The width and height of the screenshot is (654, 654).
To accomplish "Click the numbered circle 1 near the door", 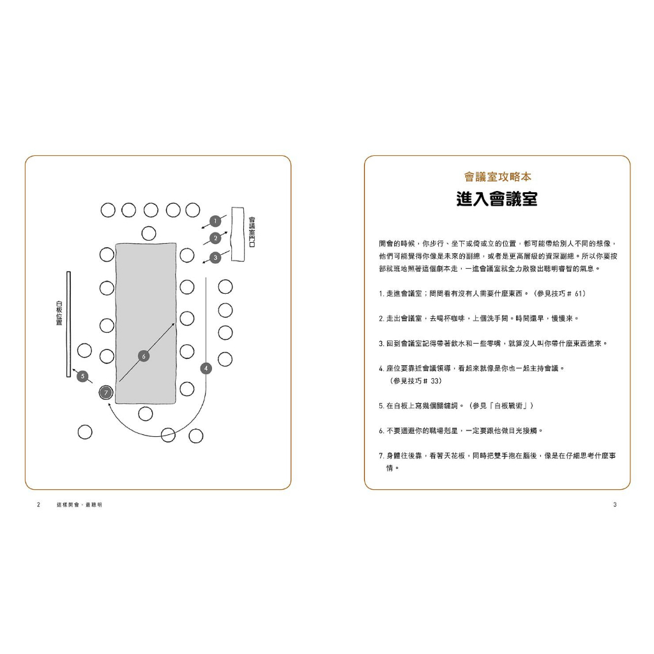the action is click(x=215, y=221).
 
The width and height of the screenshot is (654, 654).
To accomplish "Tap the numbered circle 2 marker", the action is click(x=215, y=238).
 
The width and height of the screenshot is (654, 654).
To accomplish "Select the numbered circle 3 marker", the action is click(x=215, y=258).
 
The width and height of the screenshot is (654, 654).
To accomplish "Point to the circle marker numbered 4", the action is click(x=206, y=369).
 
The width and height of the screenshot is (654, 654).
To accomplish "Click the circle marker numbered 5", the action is click(x=82, y=376).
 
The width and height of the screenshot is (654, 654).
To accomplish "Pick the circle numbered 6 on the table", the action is click(x=144, y=356).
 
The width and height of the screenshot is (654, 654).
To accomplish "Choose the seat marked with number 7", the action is click(x=106, y=393).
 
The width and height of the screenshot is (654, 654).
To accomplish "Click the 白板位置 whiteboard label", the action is click(x=59, y=313).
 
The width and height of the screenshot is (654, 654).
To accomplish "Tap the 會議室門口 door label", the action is click(x=252, y=232).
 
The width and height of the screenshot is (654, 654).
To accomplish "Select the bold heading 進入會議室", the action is click(x=497, y=199).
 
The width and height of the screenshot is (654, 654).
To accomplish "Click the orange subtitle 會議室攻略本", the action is click(x=498, y=177).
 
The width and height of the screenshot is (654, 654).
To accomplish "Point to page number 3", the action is click(x=615, y=505).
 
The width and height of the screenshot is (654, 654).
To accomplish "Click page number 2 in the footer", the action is click(x=39, y=505).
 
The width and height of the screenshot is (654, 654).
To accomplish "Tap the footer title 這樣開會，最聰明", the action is click(x=80, y=505).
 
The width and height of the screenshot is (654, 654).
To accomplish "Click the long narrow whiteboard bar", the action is click(x=69, y=324).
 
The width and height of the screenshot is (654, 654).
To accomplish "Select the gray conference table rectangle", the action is click(x=146, y=323).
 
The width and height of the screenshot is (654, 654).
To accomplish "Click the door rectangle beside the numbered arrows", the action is click(x=238, y=234).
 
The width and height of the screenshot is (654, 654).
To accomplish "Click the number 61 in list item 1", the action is click(x=578, y=294).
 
